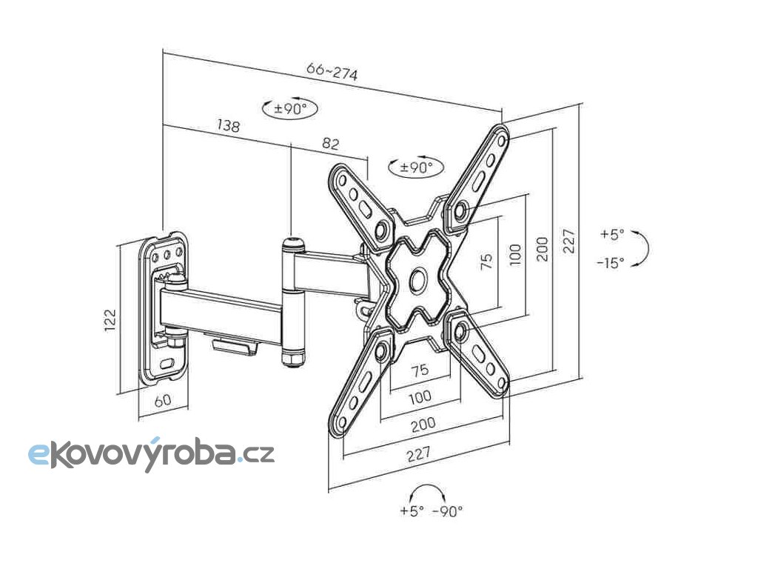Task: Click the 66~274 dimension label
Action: (332, 72)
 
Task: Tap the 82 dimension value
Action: (330, 144)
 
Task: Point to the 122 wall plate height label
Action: (110, 319)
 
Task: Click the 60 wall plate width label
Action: (162, 400)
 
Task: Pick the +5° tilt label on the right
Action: (612, 234)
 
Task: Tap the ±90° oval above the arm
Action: (290, 108)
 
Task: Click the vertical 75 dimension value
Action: (486, 262)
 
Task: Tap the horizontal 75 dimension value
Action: (420, 370)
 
